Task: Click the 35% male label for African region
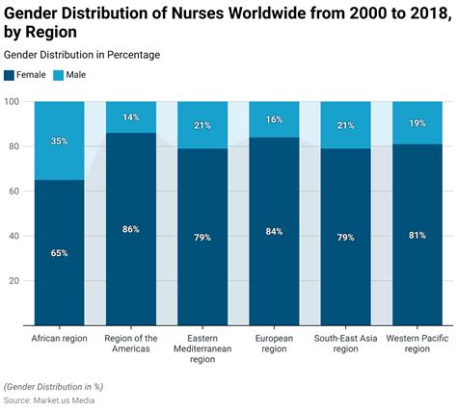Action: (x=59, y=141)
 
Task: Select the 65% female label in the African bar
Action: (x=59, y=252)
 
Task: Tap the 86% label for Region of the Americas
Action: (x=130, y=229)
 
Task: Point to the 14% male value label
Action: (x=130, y=117)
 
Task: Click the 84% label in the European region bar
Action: (x=273, y=231)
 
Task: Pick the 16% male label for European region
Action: (x=273, y=119)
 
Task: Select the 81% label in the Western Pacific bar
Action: (x=416, y=235)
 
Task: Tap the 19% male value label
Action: (x=416, y=123)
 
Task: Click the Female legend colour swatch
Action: (x=10, y=74)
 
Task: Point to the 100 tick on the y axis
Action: (x=13, y=102)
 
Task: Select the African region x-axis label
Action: (x=59, y=338)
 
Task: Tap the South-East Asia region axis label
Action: (x=344, y=344)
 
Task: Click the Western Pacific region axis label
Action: (x=416, y=344)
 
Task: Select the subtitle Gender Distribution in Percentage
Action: (x=82, y=55)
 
